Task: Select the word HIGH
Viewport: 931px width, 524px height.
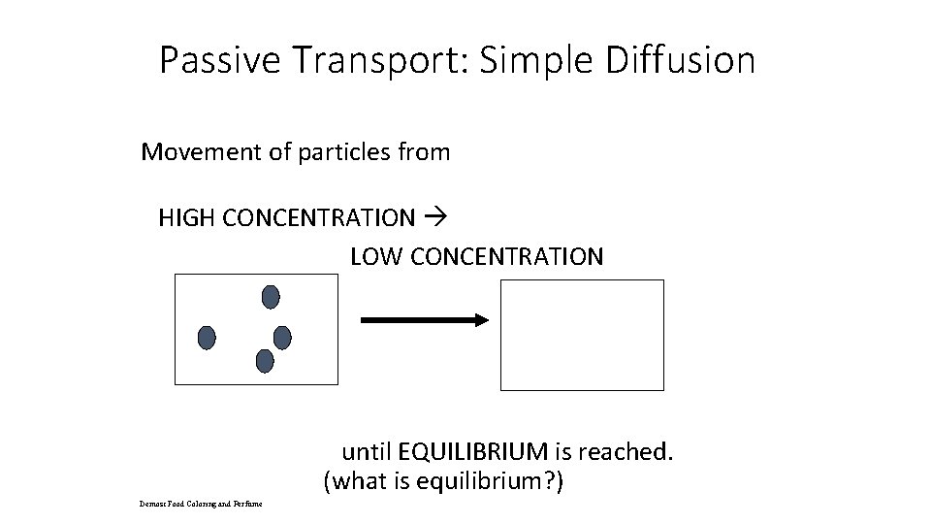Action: (x=187, y=217)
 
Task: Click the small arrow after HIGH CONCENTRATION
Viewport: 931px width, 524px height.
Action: (x=432, y=217)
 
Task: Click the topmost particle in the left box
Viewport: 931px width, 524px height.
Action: (x=271, y=296)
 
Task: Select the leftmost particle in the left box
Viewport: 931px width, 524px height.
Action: (x=206, y=338)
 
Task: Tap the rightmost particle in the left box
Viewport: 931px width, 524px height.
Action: (x=282, y=337)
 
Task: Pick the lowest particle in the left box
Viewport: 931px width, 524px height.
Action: (x=264, y=361)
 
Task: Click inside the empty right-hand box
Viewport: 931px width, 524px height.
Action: (x=582, y=335)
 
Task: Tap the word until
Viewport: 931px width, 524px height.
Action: (x=367, y=451)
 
